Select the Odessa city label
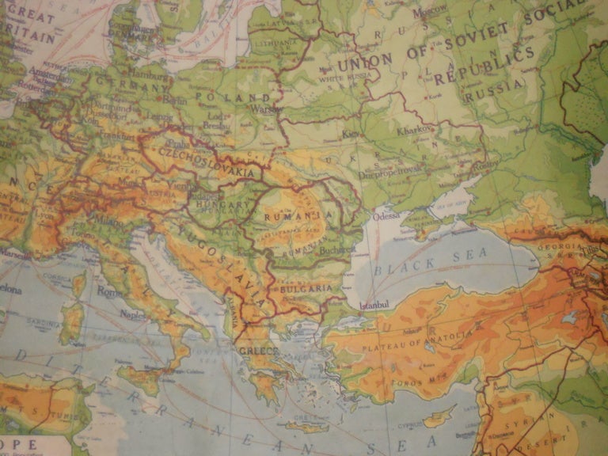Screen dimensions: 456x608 point(386,215)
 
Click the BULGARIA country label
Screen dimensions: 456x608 point(305,289)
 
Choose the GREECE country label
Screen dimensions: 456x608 point(261,351)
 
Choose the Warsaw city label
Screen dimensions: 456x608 point(267,109)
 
